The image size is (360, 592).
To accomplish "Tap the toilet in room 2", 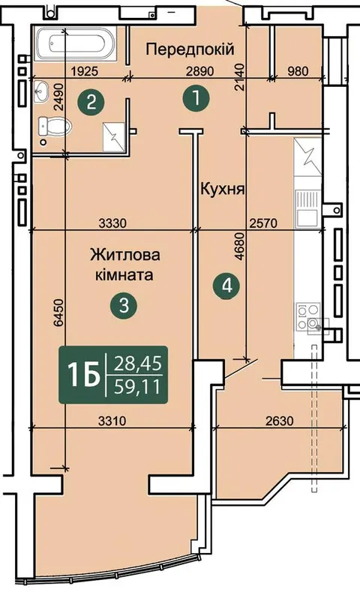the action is coord(55,127).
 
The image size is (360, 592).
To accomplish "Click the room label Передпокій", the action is coord(190,49).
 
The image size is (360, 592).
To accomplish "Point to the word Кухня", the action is coord(223,189).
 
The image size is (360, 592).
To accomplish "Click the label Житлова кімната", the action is coord(124,265).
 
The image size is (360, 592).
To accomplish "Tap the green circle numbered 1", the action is coord(196,98).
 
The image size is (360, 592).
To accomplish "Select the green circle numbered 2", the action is coord(91,102).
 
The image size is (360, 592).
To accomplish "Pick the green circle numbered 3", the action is coord(124,305).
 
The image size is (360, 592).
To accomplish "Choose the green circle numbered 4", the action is coord(226,286).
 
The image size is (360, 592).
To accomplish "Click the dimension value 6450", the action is coord(58,312).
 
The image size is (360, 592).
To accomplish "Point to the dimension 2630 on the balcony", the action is coord(279,420).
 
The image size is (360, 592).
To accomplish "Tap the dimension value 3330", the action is coord(112,223).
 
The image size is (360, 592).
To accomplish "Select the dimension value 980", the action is coord(298,70).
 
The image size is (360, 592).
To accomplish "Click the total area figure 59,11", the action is coord(138,387).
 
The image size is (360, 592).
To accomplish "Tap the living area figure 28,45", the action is coord(138,364).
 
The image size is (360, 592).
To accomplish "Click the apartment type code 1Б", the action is coord(83,375).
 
